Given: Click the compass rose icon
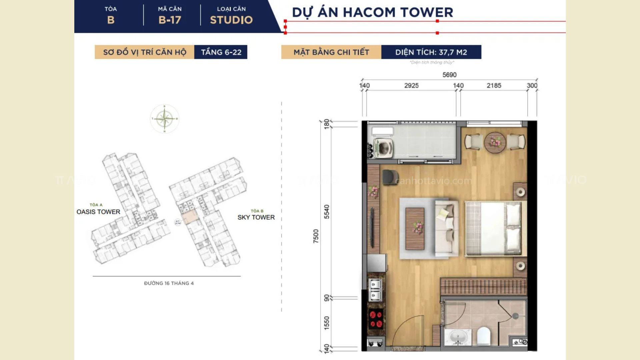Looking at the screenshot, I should point(164,119).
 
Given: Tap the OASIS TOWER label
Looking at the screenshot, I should point(98,212).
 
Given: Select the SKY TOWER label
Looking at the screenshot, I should point(256,217).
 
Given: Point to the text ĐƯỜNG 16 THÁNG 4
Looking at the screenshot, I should point(169,283).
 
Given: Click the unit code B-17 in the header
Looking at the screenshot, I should point(170,20).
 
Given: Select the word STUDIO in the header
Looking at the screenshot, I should point(231,20).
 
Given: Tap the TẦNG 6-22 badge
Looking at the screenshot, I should point(221,52).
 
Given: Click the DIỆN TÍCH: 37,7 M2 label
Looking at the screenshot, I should point(431,52).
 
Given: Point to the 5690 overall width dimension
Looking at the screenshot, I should point(449,75).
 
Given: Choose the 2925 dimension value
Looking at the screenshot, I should point(411,86).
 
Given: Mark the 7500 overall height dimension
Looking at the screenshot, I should point(316,236).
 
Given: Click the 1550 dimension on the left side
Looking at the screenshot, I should point(327,323).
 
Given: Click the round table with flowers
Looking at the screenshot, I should point(495,142).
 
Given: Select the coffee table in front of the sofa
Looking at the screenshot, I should point(415,229).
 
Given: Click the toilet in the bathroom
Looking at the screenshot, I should point(483,336).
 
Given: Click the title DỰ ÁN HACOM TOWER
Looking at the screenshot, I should point(372,12).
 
